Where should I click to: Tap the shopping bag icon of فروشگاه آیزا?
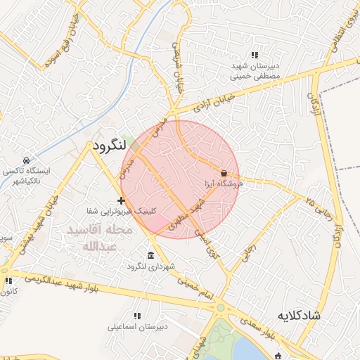[224, 173]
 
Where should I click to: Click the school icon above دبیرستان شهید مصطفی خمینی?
[255, 55]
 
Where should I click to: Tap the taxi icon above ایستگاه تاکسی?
[26, 160]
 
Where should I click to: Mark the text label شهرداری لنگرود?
[150, 266]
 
